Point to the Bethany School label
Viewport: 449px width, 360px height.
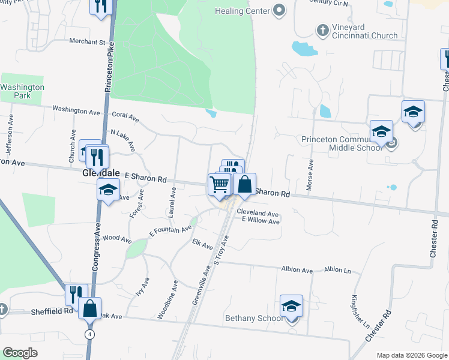253,318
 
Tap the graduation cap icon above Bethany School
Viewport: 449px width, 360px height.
292,307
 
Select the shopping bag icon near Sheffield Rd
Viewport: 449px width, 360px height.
89,309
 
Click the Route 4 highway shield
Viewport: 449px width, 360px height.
89,334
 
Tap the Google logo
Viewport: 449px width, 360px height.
20,353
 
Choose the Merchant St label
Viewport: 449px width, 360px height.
87,42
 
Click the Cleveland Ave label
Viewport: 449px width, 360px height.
258,214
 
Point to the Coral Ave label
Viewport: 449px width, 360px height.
125,116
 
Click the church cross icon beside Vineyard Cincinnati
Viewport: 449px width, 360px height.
322,29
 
